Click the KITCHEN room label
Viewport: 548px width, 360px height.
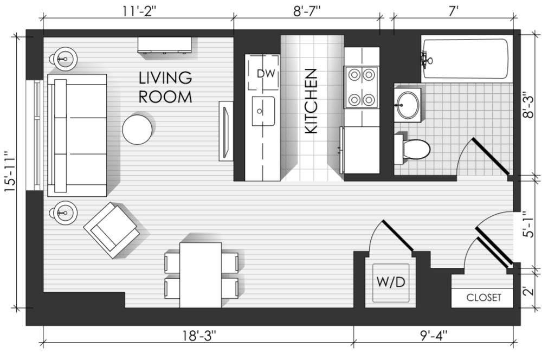point(311,101)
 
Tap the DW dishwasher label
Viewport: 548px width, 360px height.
point(266,73)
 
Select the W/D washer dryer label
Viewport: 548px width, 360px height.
point(391,282)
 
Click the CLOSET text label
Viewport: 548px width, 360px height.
point(483,298)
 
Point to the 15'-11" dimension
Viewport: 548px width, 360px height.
point(10,171)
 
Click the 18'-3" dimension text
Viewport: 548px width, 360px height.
point(199,336)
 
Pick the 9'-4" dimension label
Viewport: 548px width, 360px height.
point(434,336)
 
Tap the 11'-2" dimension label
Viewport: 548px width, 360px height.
point(139,11)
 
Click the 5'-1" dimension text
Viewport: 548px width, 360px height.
point(530,224)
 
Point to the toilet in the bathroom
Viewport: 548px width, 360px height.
point(412,149)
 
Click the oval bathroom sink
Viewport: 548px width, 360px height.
point(408,105)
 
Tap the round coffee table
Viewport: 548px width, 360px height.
point(137,130)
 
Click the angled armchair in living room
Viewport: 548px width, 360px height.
point(112,230)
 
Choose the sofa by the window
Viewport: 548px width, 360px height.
point(77,135)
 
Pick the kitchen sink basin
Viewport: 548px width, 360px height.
point(263,111)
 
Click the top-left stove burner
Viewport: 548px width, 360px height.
point(354,74)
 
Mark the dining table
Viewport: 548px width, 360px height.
point(201,275)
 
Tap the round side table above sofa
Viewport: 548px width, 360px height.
point(64,59)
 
